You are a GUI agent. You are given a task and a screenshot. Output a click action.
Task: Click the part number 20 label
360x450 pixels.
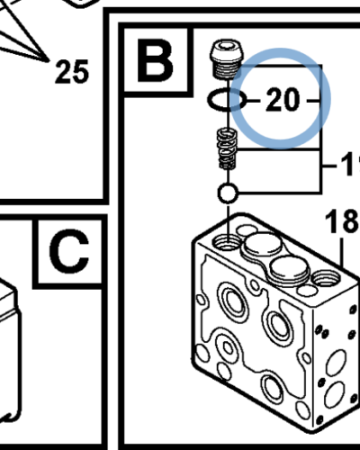[283, 99]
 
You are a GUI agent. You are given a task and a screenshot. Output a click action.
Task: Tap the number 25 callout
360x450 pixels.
[72, 71]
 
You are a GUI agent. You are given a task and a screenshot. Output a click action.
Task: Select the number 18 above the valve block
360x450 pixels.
[343, 221]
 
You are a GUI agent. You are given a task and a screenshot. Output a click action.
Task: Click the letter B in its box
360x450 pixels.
[155, 61]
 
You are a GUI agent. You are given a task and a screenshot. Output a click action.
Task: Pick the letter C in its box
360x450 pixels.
[69, 252]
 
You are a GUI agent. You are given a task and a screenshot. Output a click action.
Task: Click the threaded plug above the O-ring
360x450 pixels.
[226, 59]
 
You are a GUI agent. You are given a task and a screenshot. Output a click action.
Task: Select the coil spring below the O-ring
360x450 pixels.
[227, 148]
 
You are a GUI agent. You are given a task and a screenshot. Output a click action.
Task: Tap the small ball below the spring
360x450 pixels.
[228, 193]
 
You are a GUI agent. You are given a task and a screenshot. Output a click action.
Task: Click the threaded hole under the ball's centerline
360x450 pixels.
[228, 241]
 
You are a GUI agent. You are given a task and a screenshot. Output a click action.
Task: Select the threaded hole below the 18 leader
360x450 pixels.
[326, 278]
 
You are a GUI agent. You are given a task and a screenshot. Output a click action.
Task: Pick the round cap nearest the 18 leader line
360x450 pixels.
[290, 269]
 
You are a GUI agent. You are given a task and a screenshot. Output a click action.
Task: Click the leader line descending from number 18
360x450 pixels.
[342, 252]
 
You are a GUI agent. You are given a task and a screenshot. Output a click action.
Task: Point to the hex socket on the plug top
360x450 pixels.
[226, 46]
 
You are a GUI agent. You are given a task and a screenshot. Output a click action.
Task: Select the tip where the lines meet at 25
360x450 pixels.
[49, 60]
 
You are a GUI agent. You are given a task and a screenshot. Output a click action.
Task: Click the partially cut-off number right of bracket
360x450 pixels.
[350, 165]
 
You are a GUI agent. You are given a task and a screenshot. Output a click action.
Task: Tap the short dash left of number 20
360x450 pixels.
[254, 100]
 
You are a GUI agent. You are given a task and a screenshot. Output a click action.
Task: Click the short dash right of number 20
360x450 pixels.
[314, 101]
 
